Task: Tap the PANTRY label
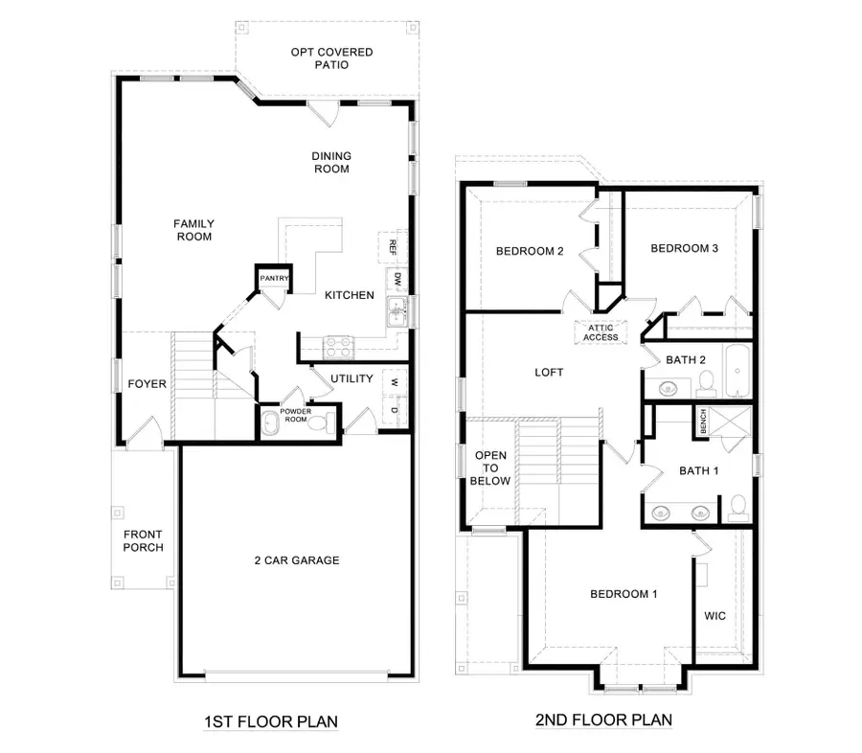point(273,279)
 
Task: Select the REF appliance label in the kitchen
point(392,245)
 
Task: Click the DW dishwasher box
point(396,279)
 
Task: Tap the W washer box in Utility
point(394,381)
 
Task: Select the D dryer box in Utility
point(394,410)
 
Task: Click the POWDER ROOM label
point(294,416)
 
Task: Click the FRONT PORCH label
point(142,541)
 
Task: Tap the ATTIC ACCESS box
point(601,331)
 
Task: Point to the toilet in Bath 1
point(737,506)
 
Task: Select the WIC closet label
point(715,616)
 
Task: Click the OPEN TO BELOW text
point(492,468)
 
